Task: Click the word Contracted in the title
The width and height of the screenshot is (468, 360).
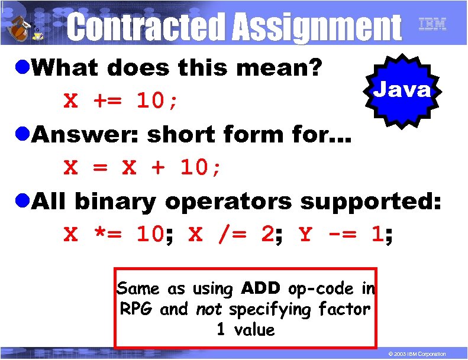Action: (x=146, y=27)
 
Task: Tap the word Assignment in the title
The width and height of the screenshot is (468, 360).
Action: (x=316, y=27)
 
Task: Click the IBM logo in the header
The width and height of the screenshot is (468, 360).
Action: (x=432, y=24)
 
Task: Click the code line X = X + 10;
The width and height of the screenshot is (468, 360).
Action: (x=143, y=168)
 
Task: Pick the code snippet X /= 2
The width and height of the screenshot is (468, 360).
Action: (x=231, y=235)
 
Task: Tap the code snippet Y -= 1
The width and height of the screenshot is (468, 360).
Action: (x=341, y=235)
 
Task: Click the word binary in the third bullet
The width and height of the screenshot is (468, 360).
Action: (x=115, y=202)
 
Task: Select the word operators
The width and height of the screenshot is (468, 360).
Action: (x=228, y=202)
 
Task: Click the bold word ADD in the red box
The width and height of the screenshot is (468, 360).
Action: (x=263, y=288)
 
